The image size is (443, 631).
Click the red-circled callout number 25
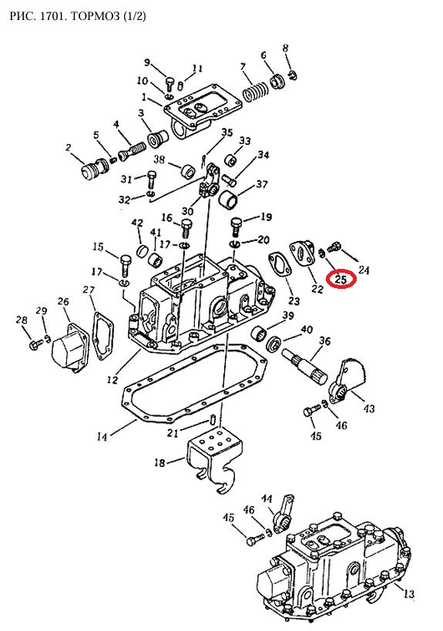coord(341,279)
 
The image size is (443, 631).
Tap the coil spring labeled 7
coord(255,93)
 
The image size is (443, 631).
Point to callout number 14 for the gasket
coord(102,436)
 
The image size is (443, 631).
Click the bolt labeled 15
coord(125,264)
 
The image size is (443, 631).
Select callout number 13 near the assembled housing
coord(408,593)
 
